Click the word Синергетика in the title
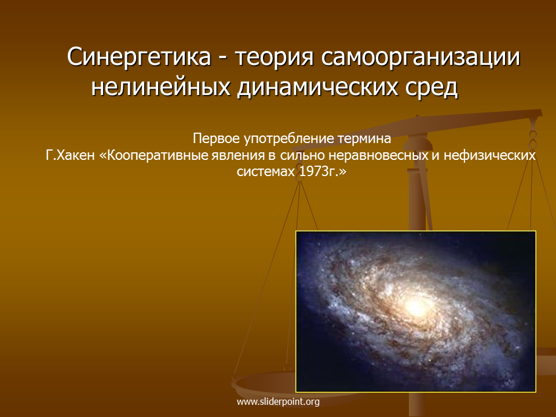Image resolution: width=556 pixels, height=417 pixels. pos(138,57)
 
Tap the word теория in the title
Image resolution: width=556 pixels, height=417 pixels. pos(275,57)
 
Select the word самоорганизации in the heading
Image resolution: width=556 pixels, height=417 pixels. pos(420,57)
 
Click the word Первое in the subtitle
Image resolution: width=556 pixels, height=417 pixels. pos(216,138)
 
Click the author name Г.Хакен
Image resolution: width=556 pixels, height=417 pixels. pos(70,155)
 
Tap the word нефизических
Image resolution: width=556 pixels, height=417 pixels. pos(490,155)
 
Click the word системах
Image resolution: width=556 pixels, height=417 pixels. pos(266,172)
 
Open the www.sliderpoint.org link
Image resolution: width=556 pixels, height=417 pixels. pos(278,402)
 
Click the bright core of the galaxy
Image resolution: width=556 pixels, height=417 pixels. pos(416,307)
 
